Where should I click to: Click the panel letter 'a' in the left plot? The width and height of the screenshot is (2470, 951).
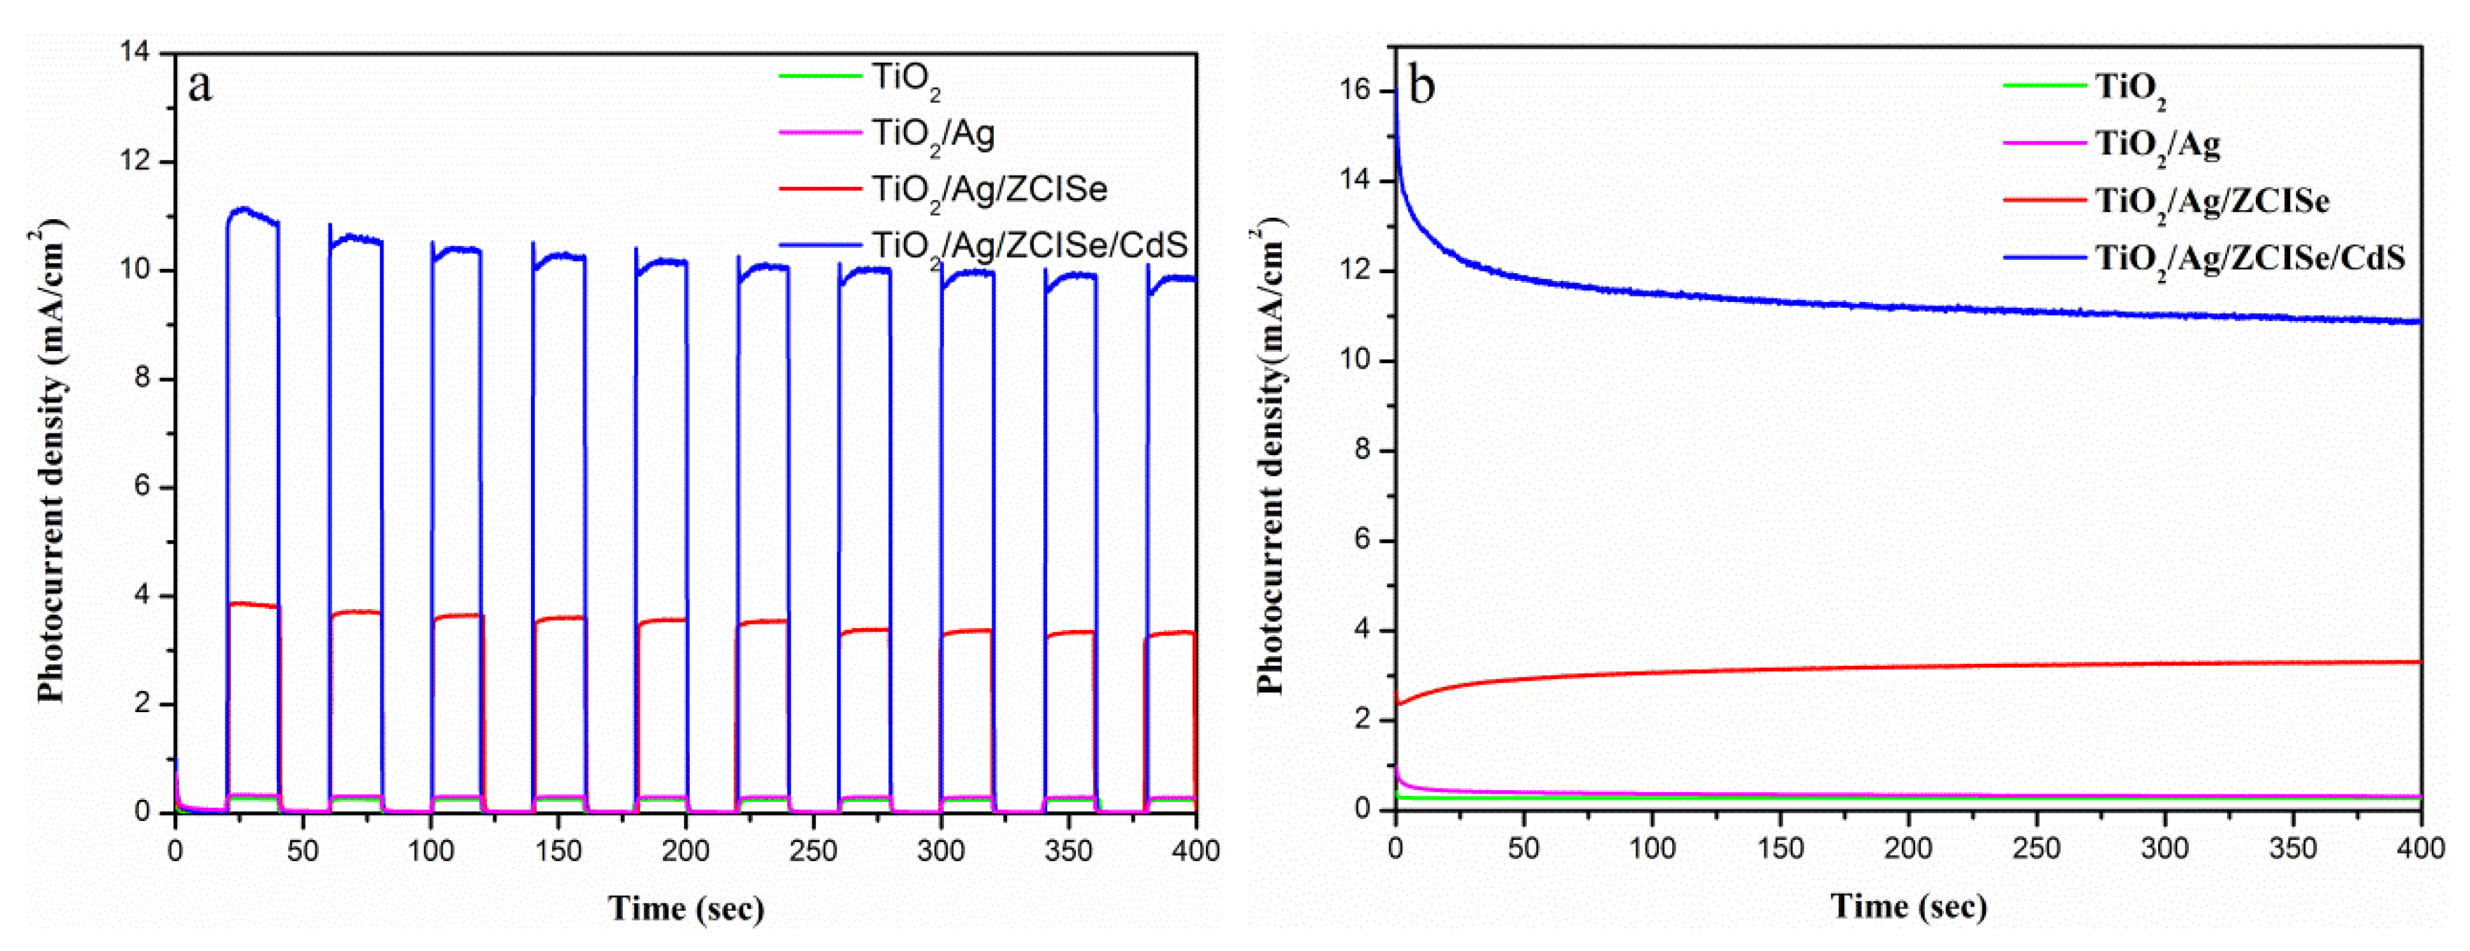[199, 87]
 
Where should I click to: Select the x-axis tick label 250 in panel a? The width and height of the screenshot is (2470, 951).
[813, 851]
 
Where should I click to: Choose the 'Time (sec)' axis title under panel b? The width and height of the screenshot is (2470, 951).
[1908, 906]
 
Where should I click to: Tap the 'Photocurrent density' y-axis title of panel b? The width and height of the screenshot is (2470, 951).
[1270, 460]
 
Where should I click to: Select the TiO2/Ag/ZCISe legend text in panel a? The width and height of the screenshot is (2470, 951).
[989, 189]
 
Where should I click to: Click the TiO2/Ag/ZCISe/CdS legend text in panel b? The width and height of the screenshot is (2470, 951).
[2249, 258]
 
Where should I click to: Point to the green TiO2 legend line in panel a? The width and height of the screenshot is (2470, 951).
[820, 74]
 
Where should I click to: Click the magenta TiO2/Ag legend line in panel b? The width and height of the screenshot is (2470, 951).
[2044, 143]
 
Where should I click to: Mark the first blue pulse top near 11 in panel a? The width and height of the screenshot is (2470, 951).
[244, 209]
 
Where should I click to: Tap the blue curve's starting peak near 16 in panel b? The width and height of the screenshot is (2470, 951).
[1396, 94]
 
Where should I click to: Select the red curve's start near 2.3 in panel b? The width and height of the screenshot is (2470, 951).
[1399, 704]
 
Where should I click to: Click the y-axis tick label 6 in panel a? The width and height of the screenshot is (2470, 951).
[142, 486]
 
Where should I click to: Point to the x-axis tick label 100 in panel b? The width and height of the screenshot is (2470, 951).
[1652, 848]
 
